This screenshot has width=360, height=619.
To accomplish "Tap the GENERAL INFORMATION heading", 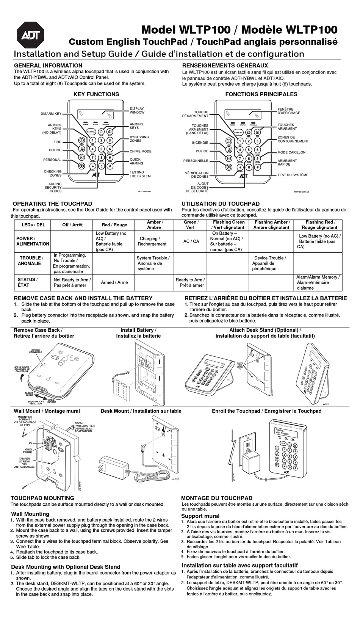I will tap(48, 66).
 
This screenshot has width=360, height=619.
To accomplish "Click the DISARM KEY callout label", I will tap(51, 114).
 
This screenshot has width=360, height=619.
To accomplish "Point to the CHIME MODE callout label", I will tap(140, 152).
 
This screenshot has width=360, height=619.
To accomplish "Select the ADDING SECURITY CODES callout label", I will tap(53, 188).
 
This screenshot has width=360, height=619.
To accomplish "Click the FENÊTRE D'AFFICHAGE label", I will tap(288, 111).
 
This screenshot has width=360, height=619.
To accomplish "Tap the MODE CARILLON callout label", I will tap(291, 152).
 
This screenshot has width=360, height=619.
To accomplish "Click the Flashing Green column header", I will tap(229, 225).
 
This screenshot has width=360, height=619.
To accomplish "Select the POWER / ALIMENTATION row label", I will tap(33, 241).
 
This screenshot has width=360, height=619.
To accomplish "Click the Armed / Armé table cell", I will tap(114, 282).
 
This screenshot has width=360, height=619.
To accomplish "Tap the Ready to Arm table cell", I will tap(189, 282).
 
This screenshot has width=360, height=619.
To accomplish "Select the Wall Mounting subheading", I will tap(30, 514).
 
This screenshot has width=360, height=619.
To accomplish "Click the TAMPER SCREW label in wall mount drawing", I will tap(25, 462).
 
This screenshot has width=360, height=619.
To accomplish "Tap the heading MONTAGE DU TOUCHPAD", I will tap(216, 498).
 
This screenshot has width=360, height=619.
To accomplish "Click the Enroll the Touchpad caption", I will tap(266, 411).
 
